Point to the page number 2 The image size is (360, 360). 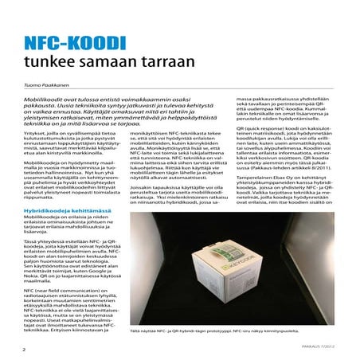24,348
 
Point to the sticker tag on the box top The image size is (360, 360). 209,252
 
